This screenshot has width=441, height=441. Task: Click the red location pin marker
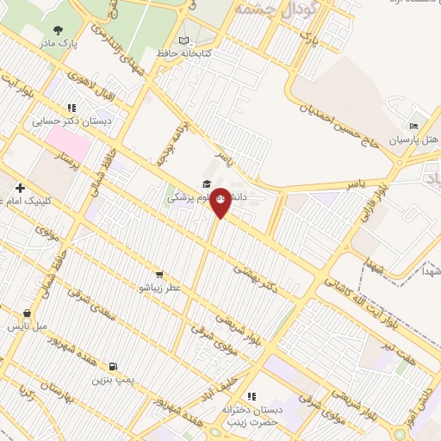[220, 202]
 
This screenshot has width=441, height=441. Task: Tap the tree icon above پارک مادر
[59, 29]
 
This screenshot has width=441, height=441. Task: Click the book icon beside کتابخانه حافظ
[183, 40]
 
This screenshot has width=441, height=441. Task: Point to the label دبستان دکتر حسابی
[72, 121]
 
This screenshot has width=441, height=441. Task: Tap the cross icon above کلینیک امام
[19, 187]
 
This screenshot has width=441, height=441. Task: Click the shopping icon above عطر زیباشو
[159, 274]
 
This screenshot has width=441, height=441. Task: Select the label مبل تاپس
[28, 326]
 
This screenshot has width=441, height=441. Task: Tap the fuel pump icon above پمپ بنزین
[114, 366]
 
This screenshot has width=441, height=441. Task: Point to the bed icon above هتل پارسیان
[413, 126]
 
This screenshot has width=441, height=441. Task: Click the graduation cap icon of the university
[206, 184]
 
